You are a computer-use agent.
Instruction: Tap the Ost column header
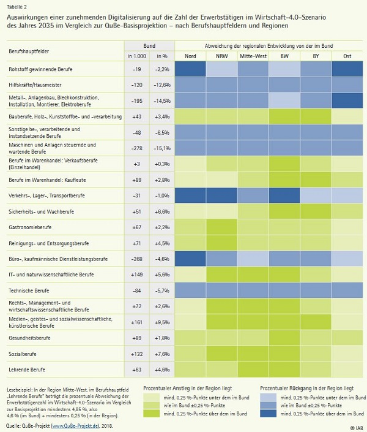tap(346, 56)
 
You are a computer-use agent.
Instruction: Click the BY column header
tap(316, 56)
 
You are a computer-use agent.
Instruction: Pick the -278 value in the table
tap(137, 148)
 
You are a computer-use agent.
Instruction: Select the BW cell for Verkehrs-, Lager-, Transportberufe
tap(284, 195)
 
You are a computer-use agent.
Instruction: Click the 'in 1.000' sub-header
tap(137, 56)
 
